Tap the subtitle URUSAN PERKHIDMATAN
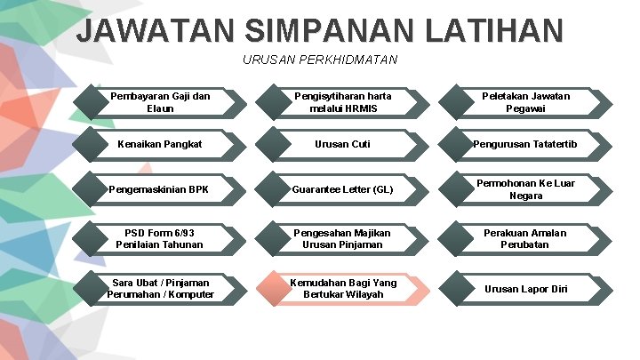320,60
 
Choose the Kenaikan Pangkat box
161,144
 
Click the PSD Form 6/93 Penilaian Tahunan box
161,238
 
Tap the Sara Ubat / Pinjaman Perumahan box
161,288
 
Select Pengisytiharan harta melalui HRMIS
343,102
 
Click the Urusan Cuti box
343,144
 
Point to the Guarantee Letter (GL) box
343,189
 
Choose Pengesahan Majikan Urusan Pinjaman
343,238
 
